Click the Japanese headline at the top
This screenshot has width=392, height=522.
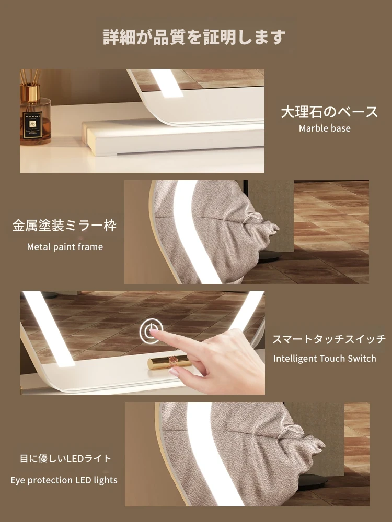(194, 37)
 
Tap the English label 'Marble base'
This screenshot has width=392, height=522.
(325, 128)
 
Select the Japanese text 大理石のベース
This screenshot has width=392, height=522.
(329, 112)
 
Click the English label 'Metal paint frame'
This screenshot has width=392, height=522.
(65, 247)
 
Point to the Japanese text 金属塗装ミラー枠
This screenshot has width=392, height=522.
(64, 226)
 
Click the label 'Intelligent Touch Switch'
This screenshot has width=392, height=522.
(325, 359)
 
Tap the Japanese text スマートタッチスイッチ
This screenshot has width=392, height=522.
(329, 339)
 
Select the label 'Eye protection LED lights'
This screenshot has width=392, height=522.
(64, 480)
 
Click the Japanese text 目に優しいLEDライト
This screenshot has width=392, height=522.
(65, 459)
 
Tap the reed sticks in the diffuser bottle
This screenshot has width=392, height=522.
(30, 77)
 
